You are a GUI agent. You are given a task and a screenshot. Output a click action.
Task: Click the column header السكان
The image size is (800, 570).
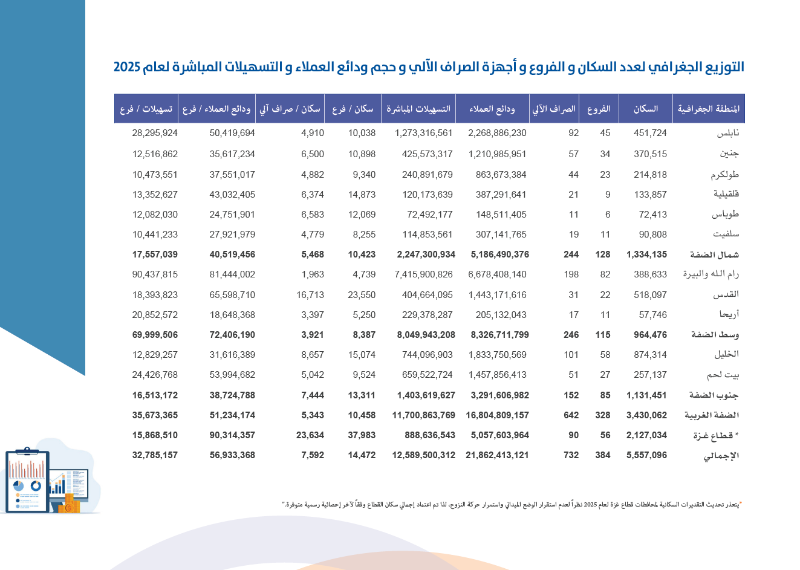pyautogui.click(x=646, y=109)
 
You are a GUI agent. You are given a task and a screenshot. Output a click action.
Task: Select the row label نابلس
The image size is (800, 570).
pyautogui.click(x=727, y=133)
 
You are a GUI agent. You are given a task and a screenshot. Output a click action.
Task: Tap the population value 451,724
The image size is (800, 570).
pyautogui.click(x=650, y=133)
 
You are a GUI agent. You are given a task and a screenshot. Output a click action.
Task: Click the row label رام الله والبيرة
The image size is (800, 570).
pyautogui.click(x=711, y=274)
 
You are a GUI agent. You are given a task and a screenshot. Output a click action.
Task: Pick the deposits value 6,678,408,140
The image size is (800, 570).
pyautogui.click(x=497, y=274)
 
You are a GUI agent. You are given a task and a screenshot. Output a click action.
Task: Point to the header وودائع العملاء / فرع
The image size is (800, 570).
pyautogui.click(x=216, y=109)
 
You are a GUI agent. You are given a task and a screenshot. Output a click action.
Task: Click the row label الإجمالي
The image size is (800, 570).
pyautogui.click(x=721, y=456)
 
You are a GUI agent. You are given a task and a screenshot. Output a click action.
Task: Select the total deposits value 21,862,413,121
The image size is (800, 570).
pyautogui.click(x=497, y=455)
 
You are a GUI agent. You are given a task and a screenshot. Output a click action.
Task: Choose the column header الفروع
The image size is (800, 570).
pyautogui.click(x=599, y=109)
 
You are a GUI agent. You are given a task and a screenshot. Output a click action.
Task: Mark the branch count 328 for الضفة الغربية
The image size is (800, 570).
pyautogui.click(x=602, y=415)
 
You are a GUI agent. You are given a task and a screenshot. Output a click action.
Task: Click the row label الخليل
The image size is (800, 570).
pyautogui.click(x=726, y=355)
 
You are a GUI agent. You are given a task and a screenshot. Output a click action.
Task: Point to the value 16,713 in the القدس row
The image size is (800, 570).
pyautogui.click(x=310, y=295)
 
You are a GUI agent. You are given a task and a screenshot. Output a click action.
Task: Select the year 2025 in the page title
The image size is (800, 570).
pyautogui.click(x=127, y=67)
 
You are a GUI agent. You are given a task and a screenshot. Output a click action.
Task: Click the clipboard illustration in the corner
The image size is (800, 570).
pyautogui.click(x=27, y=481)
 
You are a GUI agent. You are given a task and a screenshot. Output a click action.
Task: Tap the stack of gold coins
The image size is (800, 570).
pyautogui.click(x=70, y=504)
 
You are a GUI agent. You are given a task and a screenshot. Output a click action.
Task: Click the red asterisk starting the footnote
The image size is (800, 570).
pyautogui.click(x=740, y=503)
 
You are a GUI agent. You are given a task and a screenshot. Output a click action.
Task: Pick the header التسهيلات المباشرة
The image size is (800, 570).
pyautogui.click(x=418, y=109)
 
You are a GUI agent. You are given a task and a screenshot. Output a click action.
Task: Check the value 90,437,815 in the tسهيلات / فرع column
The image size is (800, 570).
pyautogui.click(x=155, y=274)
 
